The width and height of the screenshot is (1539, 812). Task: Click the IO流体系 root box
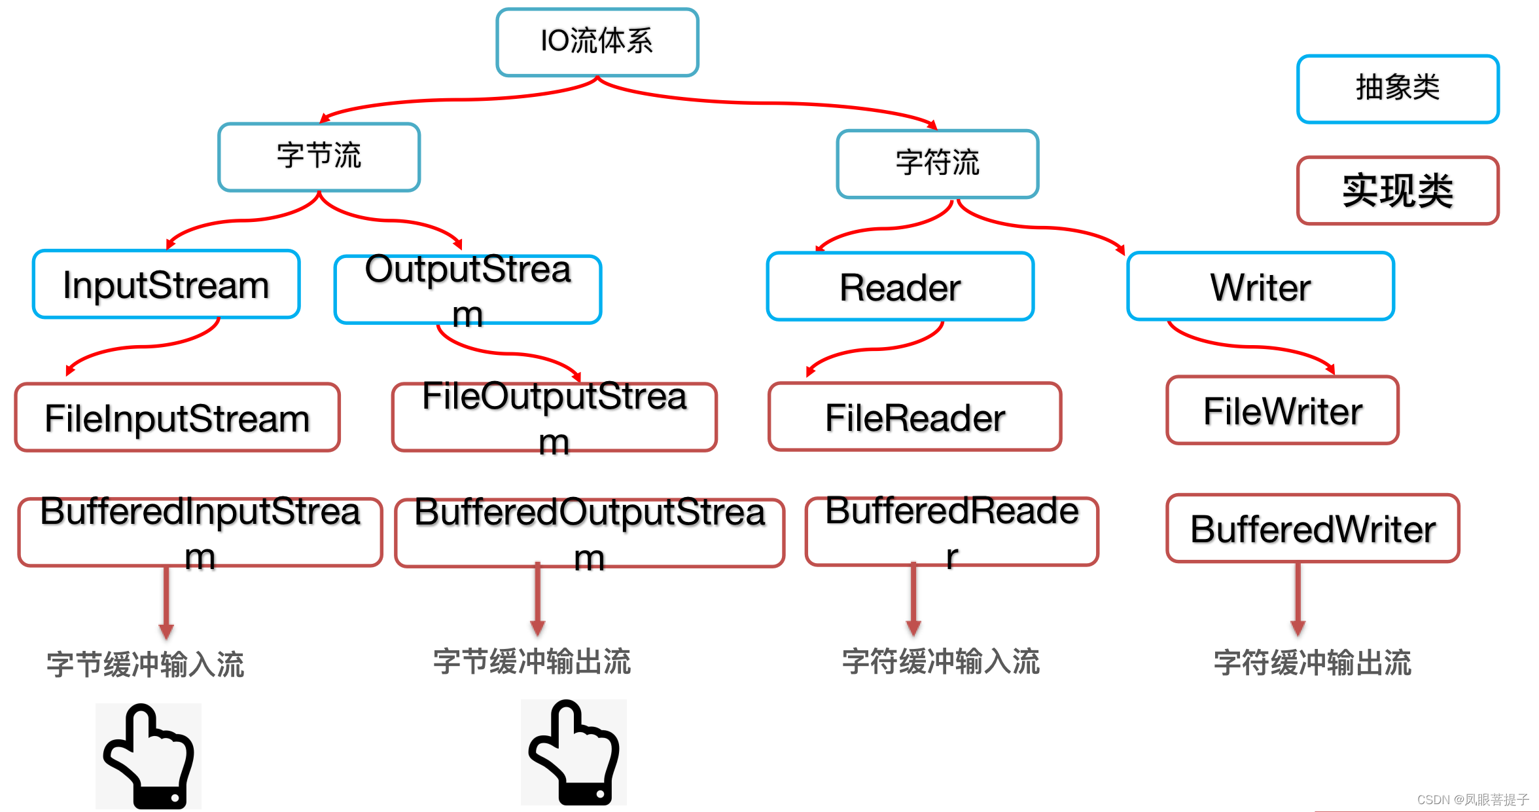click(597, 42)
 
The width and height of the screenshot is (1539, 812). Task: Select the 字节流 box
click(319, 157)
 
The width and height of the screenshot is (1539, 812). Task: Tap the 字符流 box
click(937, 164)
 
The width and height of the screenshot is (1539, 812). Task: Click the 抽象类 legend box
click(1398, 88)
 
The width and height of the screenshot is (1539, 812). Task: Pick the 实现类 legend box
click(1398, 191)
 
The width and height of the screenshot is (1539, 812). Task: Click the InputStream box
click(166, 284)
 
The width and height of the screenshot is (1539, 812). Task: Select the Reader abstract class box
click(900, 287)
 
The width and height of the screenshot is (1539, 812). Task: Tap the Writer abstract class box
click(1260, 287)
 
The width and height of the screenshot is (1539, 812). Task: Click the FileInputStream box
click(177, 418)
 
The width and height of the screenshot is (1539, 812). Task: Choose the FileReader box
click(915, 417)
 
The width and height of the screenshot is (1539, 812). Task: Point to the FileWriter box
click(1282, 411)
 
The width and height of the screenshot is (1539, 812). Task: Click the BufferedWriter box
click(1313, 528)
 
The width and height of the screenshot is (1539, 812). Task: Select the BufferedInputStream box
click(200, 532)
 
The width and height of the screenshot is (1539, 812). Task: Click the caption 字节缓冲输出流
click(532, 661)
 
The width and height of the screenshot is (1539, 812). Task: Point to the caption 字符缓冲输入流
click(941, 661)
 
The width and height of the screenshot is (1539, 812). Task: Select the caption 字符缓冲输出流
click(1313, 663)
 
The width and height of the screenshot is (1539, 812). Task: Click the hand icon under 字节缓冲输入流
click(149, 756)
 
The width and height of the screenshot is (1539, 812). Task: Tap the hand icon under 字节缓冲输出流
click(574, 752)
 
